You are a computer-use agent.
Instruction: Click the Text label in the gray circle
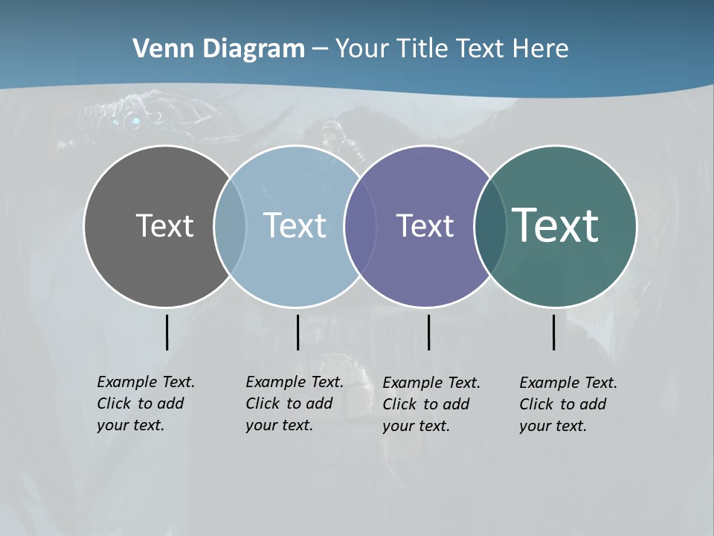point(164,226)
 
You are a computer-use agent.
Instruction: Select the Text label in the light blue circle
point(295,226)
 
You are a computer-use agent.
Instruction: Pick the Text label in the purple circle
point(425,226)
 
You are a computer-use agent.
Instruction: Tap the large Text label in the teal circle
point(555,225)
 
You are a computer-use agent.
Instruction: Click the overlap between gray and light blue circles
point(230,226)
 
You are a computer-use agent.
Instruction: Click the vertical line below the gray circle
point(167,332)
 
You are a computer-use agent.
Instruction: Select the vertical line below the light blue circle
point(297,332)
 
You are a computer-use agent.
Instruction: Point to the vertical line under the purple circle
point(428,332)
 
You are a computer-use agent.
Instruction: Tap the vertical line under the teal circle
point(553,332)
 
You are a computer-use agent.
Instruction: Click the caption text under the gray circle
point(146,403)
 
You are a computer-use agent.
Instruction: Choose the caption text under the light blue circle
point(295,403)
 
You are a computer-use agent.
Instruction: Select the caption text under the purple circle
point(431,404)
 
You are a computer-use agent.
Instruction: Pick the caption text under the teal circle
point(568,404)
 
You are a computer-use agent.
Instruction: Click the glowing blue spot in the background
point(135,121)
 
